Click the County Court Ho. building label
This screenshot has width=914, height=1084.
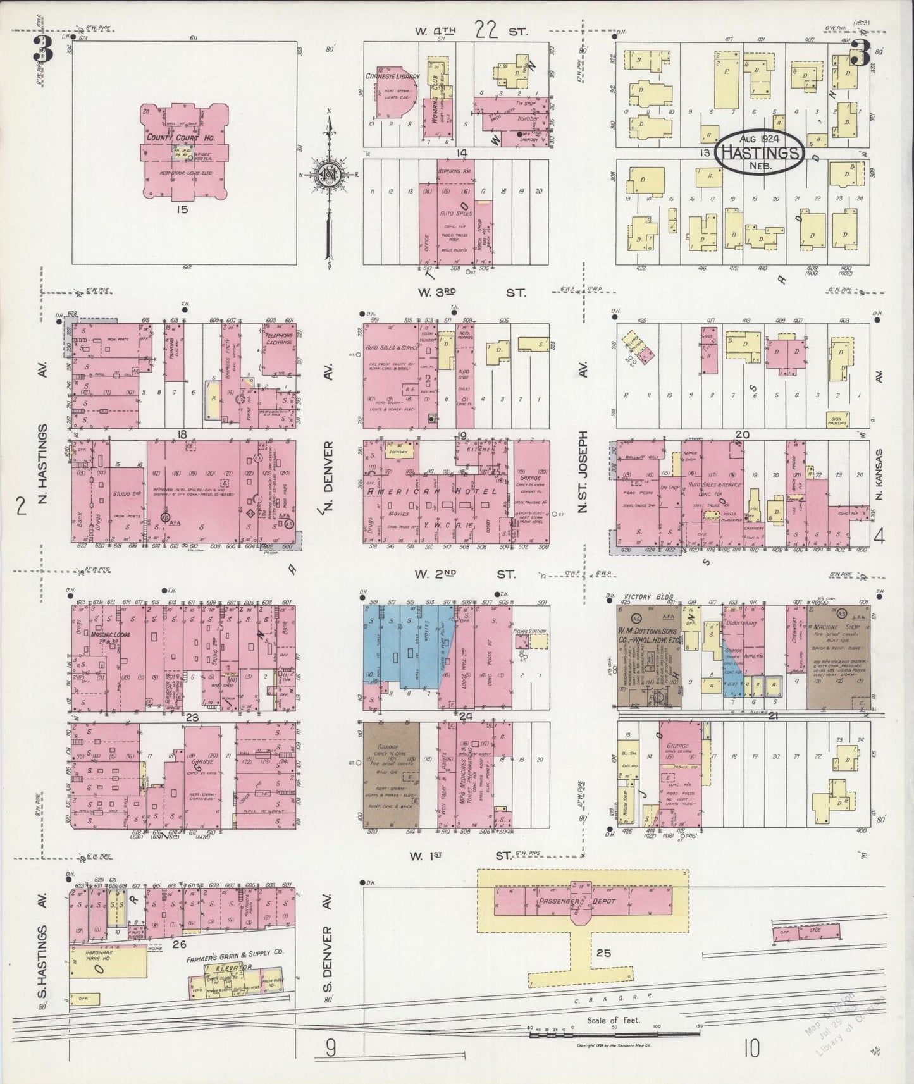173,138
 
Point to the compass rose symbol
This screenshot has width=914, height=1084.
329,176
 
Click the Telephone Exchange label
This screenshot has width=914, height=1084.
279,338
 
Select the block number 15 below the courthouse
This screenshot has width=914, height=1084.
183,209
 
